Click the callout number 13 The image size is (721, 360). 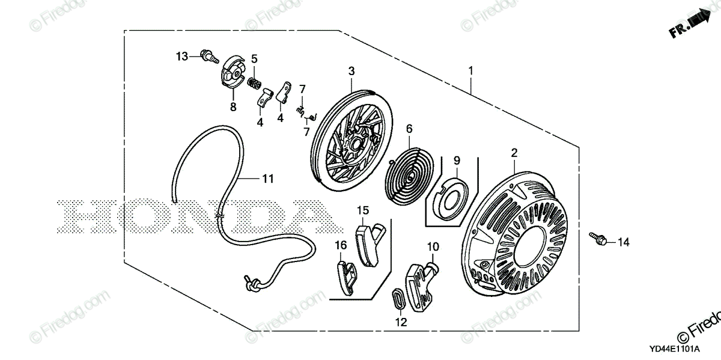pyautogui.click(x=182, y=56)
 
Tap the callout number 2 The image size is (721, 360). pyautogui.click(x=514, y=153)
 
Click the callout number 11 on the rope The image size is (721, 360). pyautogui.click(x=267, y=178)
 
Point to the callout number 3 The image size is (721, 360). pyautogui.click(x=352, y=72)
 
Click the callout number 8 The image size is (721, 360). pyautogui.click(x=233, y=107)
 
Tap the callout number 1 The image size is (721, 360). pyautogui.click(x=471, y=70)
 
